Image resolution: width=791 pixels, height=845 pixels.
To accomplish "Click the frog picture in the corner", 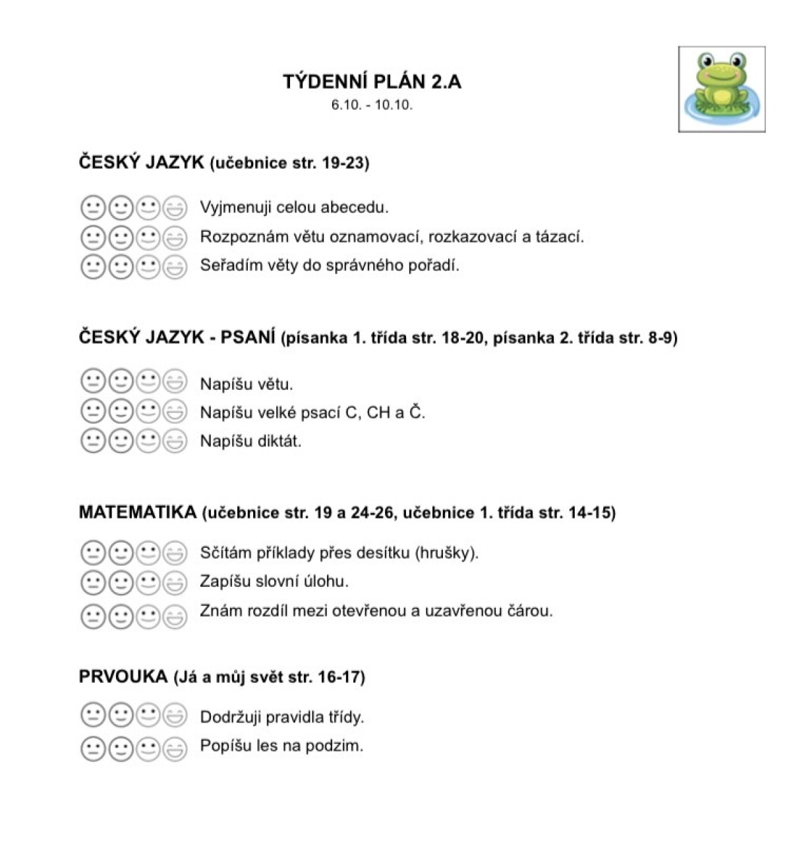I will (x=722, y=89).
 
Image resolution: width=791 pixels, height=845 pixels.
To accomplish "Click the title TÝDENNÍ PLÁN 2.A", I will (x=372, y=82).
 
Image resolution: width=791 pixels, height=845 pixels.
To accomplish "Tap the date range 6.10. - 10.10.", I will (x=372, y=105).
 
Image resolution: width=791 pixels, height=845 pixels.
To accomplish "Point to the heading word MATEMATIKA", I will (x=137, y=512).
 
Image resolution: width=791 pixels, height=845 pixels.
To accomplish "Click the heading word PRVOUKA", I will (x=123, y=676).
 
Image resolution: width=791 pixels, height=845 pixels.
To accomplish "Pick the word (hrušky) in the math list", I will (x=446, y=553).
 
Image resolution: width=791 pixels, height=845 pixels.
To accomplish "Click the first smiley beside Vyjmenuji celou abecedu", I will (x=92, y=208).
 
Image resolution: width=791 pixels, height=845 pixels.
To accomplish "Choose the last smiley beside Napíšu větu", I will (x=175, y=382).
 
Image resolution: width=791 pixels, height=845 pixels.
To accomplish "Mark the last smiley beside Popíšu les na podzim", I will (x=175, y=748).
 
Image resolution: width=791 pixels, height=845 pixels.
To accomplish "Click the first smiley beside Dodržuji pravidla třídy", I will (x=92, y=715).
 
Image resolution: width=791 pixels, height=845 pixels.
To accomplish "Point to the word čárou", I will (x=530, y=611).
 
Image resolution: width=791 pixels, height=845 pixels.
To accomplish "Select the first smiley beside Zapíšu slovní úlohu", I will (x=92, y=583).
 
